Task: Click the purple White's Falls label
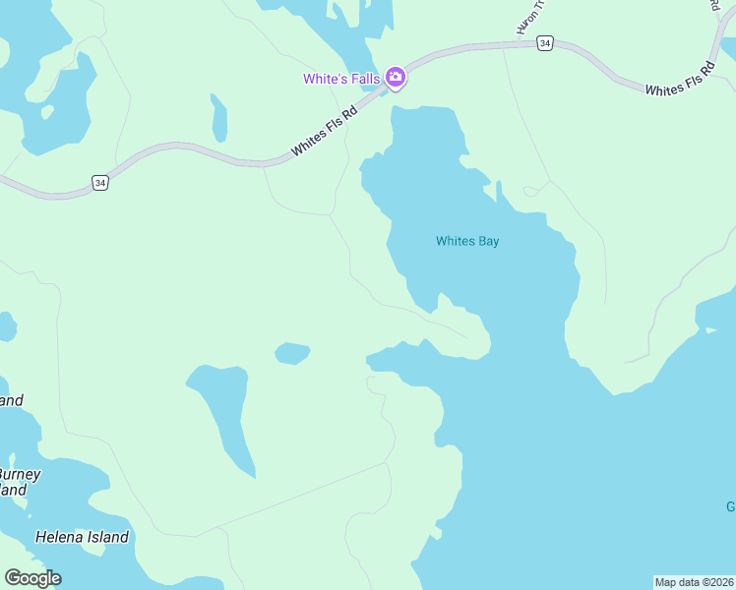340,79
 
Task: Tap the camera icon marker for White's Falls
396,77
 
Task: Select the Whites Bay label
467,241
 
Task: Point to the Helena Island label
82,537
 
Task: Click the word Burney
21,474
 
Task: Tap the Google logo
32,578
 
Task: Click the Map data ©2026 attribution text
694,582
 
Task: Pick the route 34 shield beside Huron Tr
545,43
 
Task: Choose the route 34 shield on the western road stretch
99,183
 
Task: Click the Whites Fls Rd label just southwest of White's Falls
322,131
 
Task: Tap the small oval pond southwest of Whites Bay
292,353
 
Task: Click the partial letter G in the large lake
730,507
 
